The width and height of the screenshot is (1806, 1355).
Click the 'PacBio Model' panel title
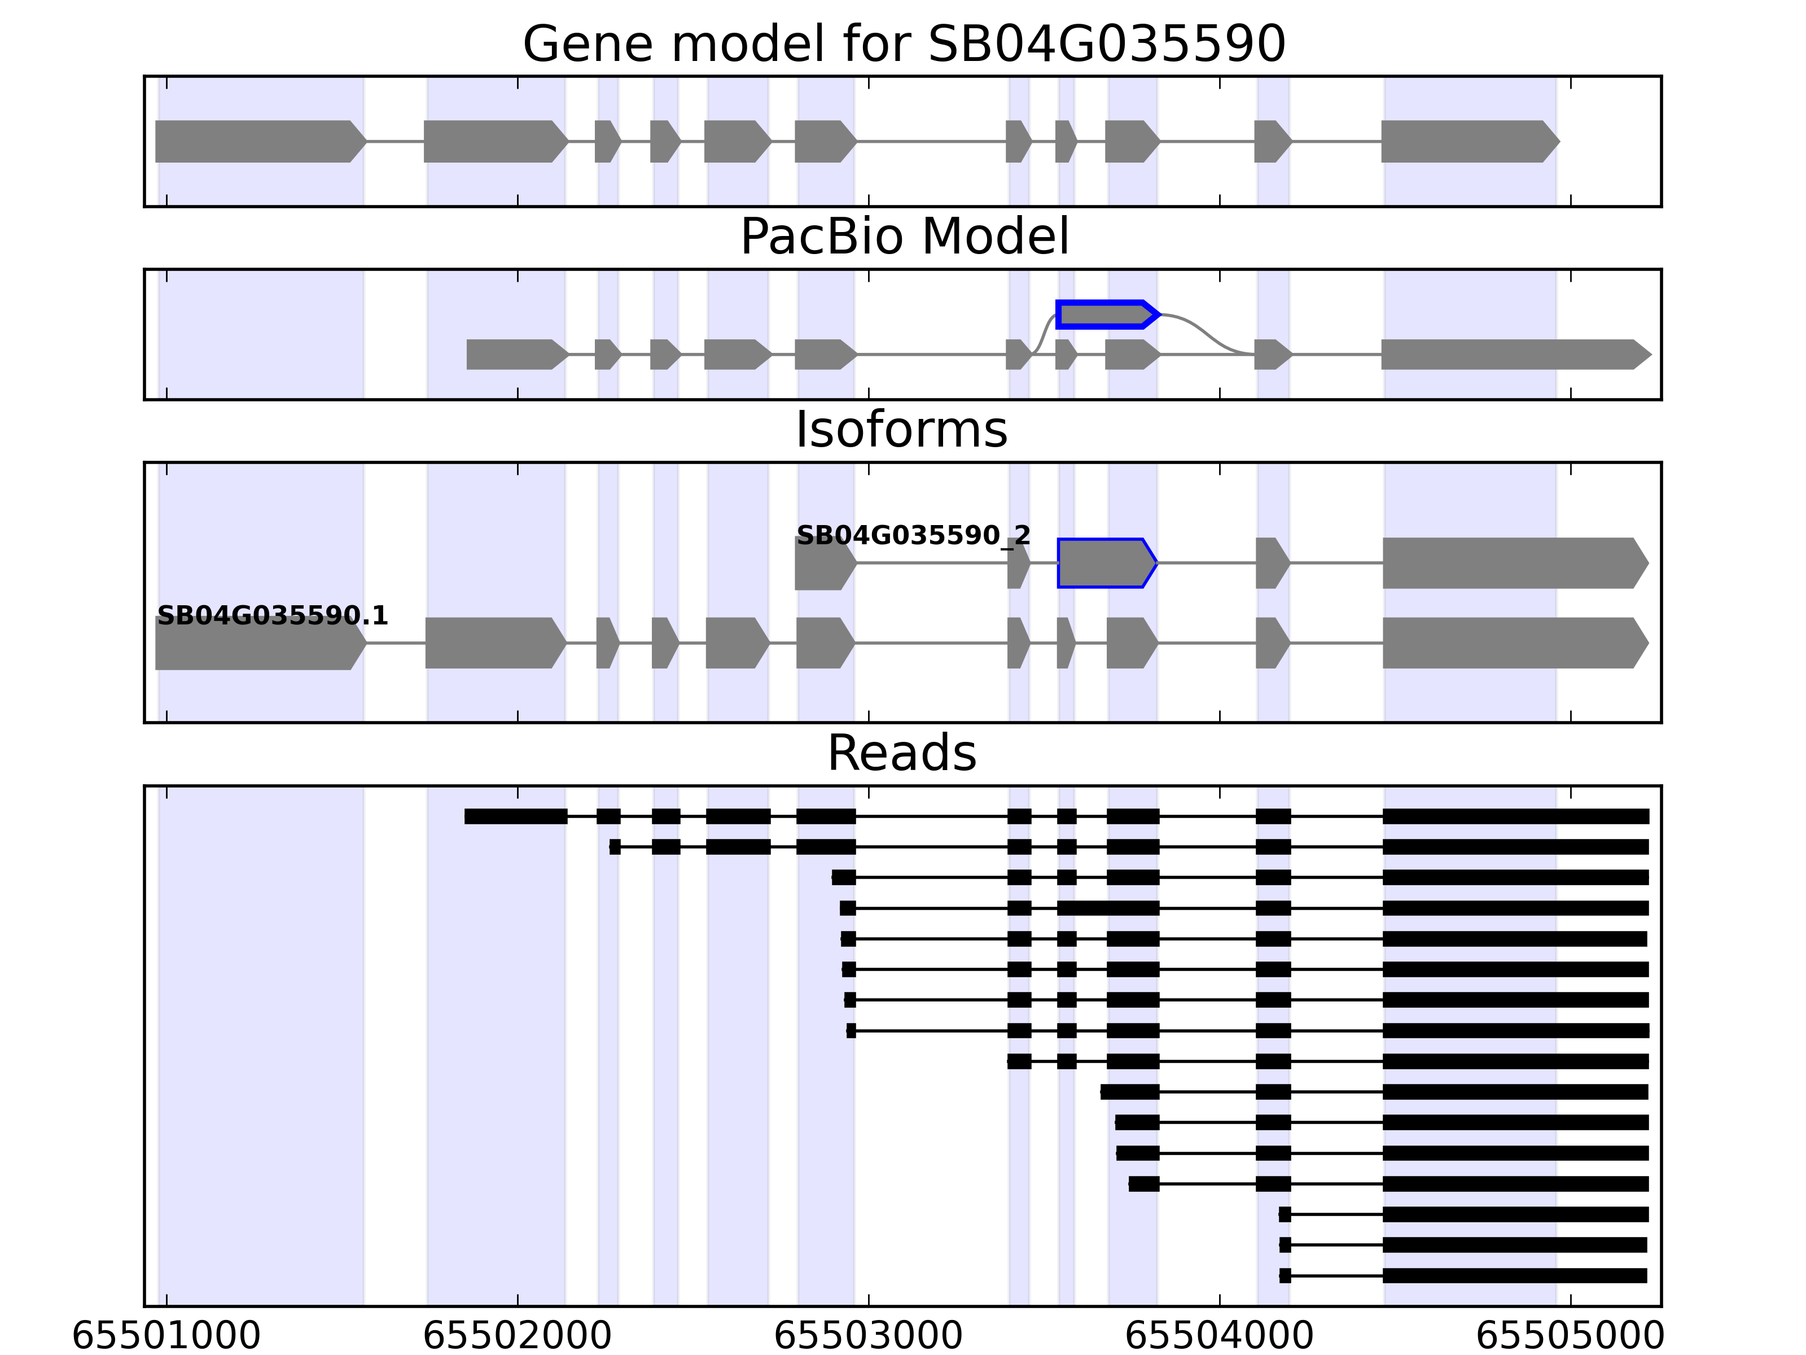(904, 237)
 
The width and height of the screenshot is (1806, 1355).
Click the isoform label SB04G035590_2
(913, 536)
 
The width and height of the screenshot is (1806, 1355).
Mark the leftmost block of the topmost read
(515, 816)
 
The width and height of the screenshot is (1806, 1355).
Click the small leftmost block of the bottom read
(1285, 1276)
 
